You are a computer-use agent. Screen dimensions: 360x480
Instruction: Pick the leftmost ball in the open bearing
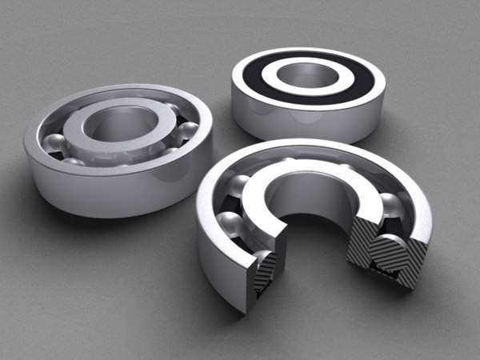[x=54, y=144]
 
